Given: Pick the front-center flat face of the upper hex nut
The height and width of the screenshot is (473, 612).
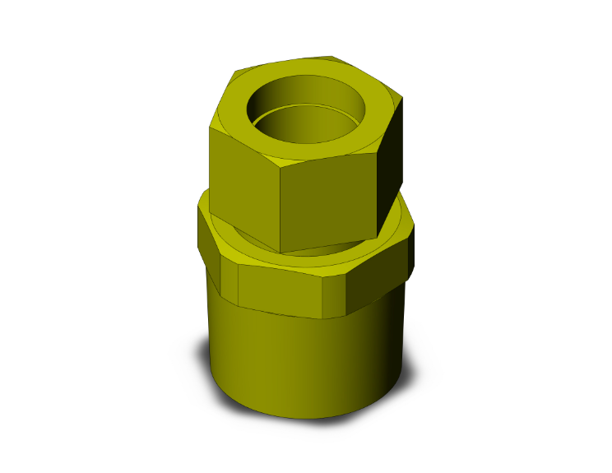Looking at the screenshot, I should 329,202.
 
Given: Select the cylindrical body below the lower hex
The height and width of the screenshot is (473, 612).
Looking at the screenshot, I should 304,362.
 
